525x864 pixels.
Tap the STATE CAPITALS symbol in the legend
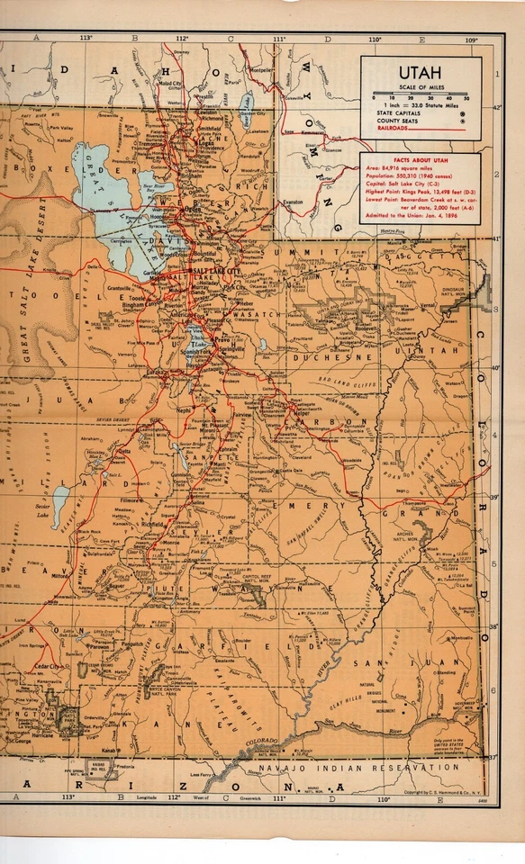coord(462,113)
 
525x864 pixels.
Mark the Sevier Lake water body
coord(59,495)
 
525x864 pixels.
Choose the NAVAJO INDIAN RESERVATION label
coord(356,768)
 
